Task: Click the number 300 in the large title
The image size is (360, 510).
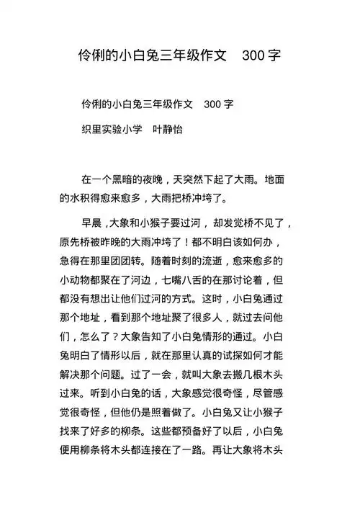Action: (253, 55)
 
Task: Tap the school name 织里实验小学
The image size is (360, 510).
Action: (112, 130)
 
